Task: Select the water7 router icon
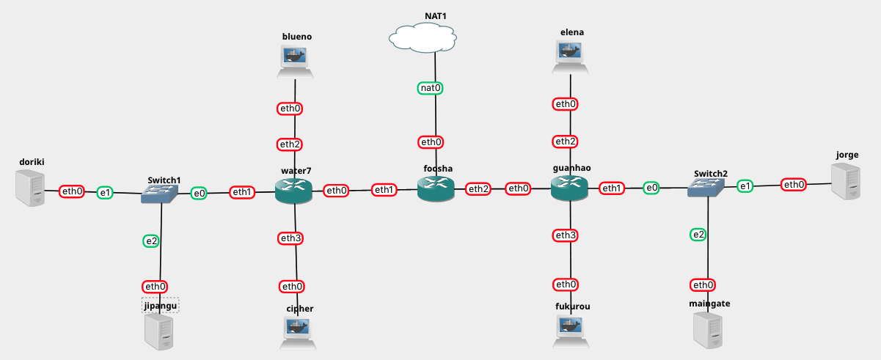(x=293, y=192)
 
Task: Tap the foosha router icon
(x=436, y=190)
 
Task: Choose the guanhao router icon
(x=569, y=189)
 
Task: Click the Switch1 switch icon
(x=160, y=193)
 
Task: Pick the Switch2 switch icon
(x=707, y=188)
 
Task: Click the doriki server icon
(x=30, y=187)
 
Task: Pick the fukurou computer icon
(x=571, y=331)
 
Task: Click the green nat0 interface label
(x=431, y=88)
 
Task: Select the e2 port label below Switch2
(x=698, y=235)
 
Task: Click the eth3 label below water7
(x=290, y=238)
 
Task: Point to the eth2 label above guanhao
(x=565, y=142)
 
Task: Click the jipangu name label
(x=161, y=305)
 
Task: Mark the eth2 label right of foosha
(x=478, y=189)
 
